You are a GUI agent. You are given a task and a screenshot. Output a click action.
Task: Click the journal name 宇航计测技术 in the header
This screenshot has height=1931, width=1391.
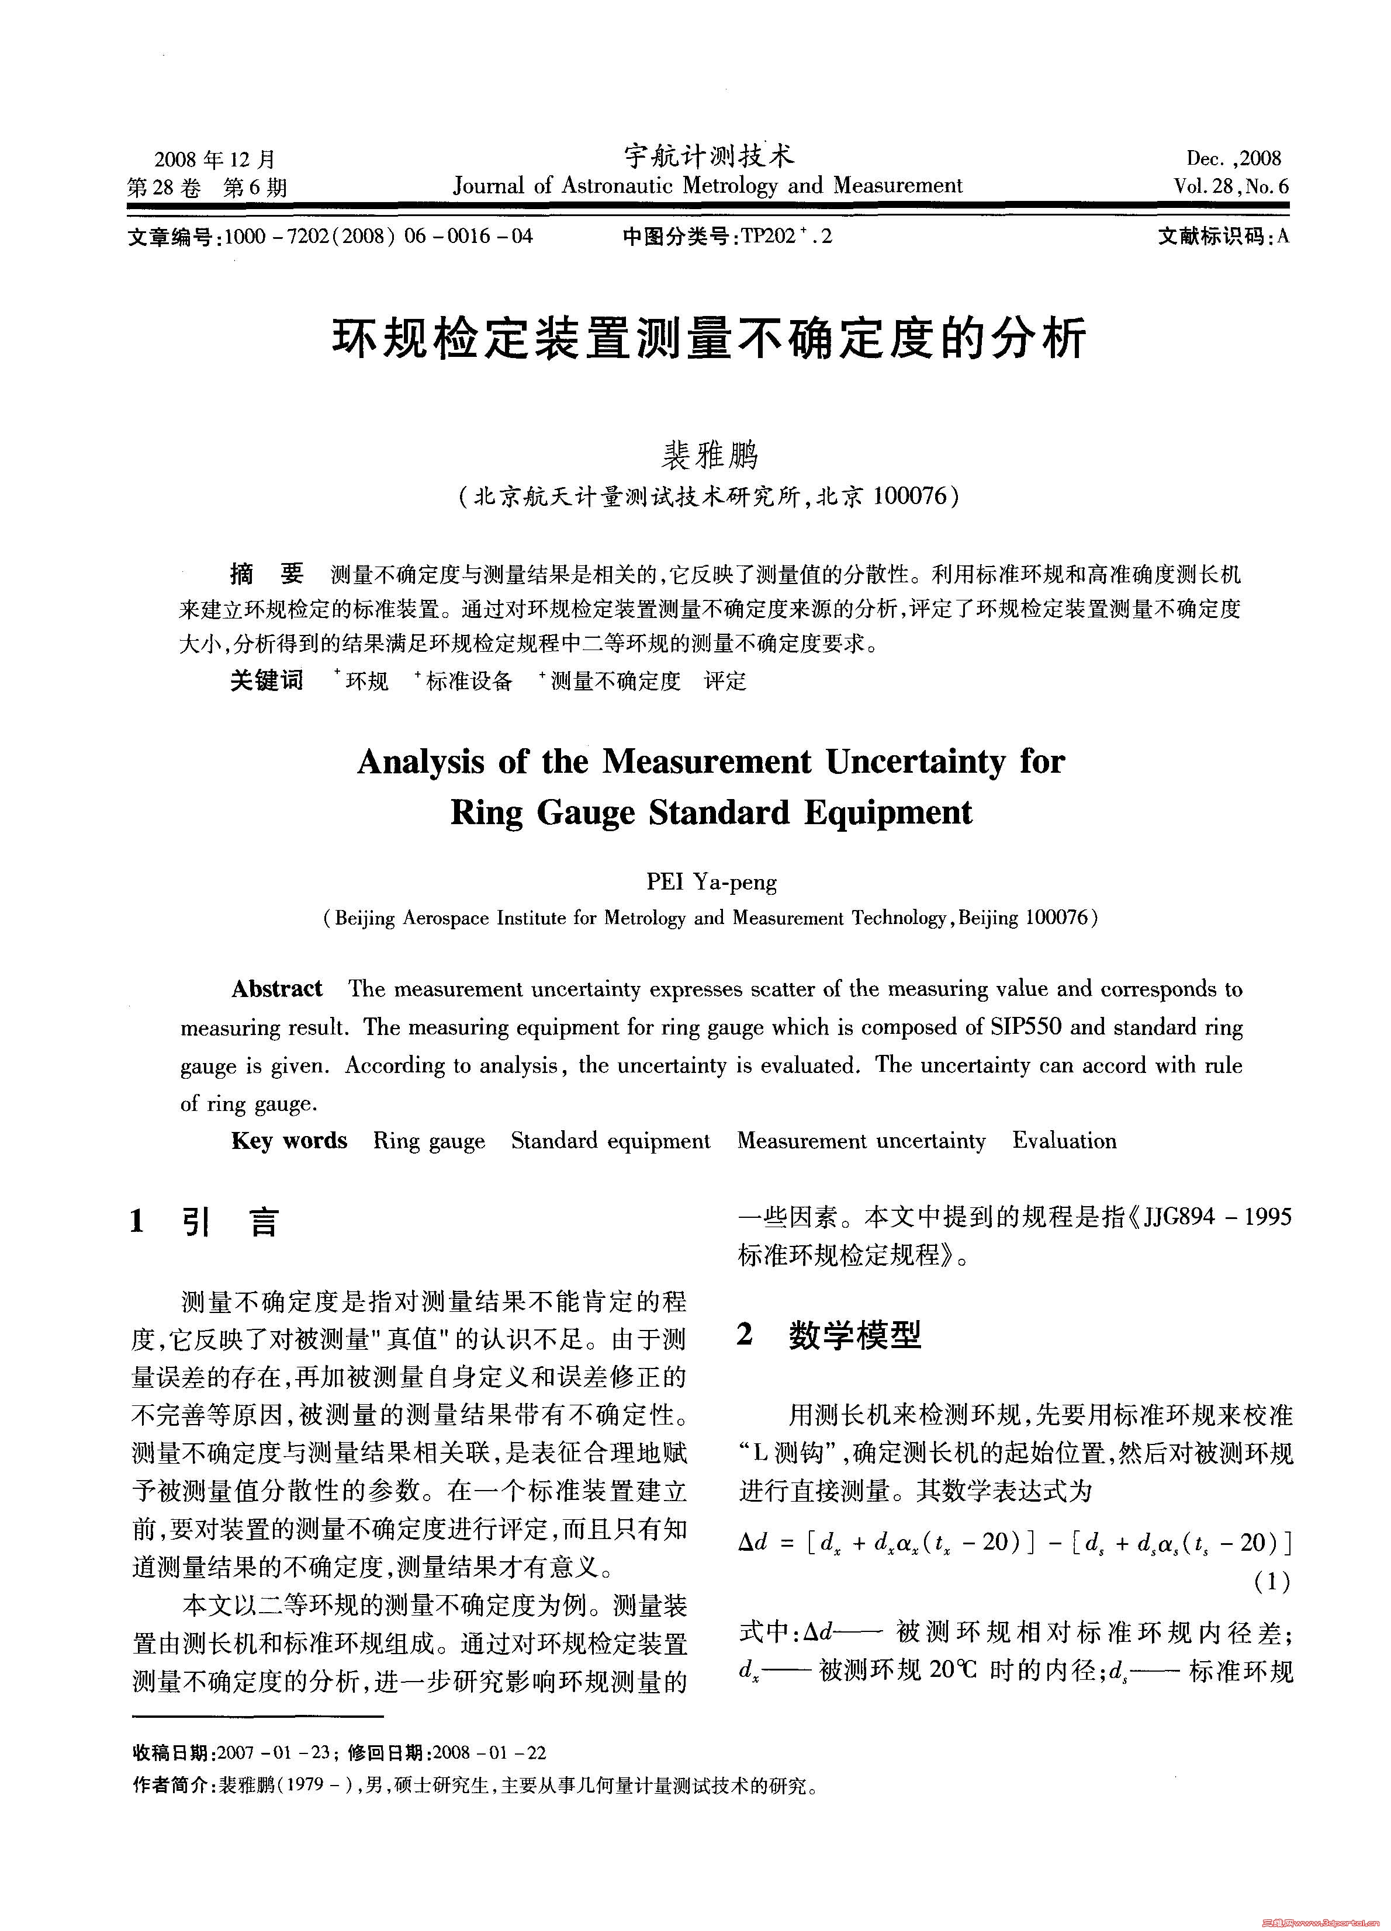[709, 156]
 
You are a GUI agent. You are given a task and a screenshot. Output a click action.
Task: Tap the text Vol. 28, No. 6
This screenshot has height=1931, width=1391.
[1231, 186]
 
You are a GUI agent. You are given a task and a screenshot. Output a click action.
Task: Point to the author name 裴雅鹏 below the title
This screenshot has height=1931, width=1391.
[709, 456]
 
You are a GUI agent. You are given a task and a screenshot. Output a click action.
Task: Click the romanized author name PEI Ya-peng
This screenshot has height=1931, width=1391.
[711, 882]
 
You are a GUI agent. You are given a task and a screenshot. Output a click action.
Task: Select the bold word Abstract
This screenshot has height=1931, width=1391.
[277, 988]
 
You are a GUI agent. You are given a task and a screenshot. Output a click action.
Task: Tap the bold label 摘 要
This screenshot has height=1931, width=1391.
[266, 575]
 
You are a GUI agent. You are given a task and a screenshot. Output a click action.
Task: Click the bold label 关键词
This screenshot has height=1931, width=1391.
[266, 680]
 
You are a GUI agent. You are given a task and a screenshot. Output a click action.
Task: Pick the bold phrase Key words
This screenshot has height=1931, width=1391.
[289, 1141]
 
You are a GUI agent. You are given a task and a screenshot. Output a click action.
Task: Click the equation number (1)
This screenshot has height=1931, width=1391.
[1272, 1582]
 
